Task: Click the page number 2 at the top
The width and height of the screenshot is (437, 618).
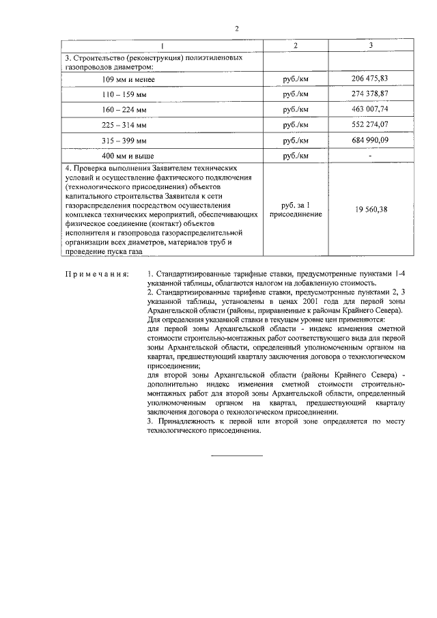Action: tap(236, 29)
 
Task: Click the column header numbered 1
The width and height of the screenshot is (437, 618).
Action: tap(163, 46)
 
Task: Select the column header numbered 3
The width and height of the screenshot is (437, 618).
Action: tap(370, 46)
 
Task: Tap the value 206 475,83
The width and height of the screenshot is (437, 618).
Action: tap(369, 79)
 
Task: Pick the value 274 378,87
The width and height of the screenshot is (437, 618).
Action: tap(369, 94)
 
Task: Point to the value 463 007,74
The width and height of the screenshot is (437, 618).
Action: tap(369, 109)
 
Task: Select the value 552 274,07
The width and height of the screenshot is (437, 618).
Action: tap(369, 125)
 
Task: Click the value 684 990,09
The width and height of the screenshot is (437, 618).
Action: tap(369, 141)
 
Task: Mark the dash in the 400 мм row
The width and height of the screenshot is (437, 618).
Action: tap(369, 156)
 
